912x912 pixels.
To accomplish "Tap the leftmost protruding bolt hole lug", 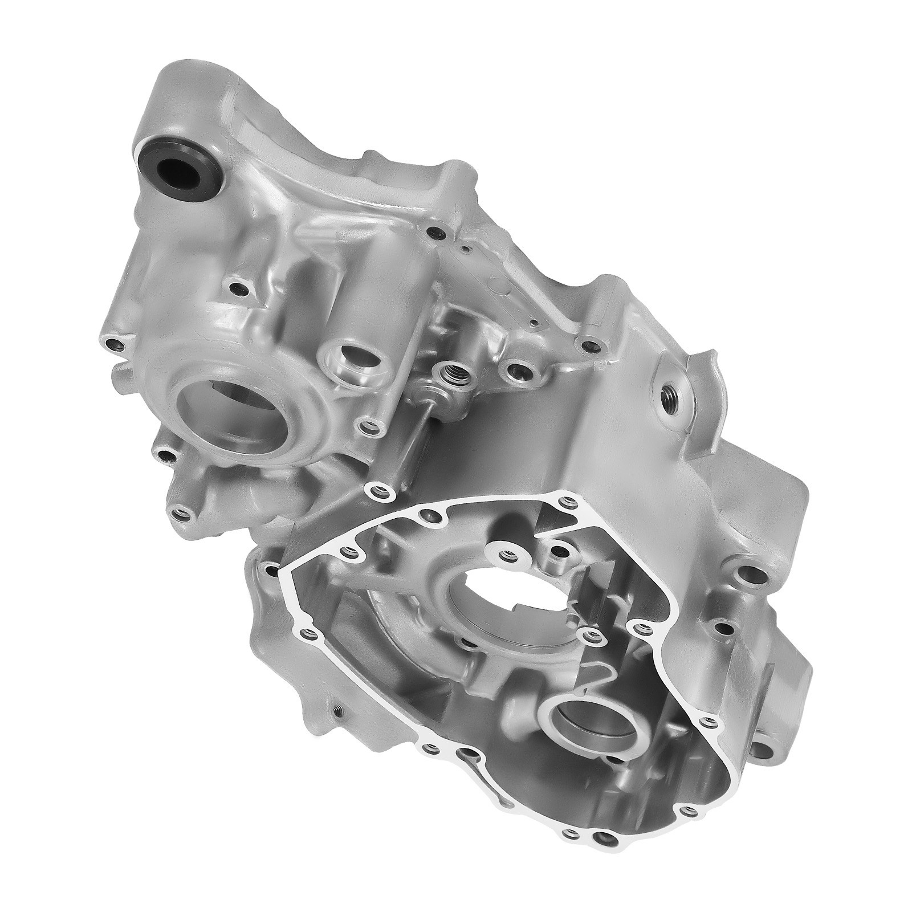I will [x=116, y=344].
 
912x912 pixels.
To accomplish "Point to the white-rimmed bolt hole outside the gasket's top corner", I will [x=376, y=490].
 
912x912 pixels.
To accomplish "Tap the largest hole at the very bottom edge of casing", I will [x=602, y=823].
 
